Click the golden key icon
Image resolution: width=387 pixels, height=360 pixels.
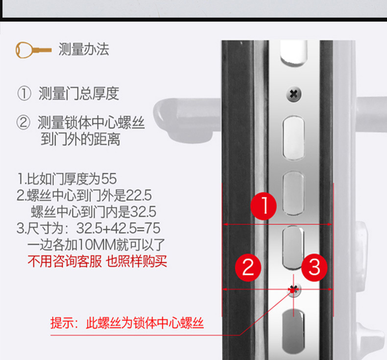(34, 50)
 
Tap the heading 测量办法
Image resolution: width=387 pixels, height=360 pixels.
(84, 49)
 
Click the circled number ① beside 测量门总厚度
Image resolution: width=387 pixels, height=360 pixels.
(24, 94)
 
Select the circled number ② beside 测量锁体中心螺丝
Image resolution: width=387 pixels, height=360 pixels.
(24, 122)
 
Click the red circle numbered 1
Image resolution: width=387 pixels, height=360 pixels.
(264, 206)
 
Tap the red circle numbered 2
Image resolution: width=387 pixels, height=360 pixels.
(248, 267)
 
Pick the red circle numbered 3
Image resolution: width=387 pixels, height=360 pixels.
(314, 267)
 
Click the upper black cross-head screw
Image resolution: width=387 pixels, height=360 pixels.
(294, 94)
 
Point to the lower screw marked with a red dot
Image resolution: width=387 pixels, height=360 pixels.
(293, 289)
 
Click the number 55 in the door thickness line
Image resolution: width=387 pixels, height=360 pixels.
(109, 179)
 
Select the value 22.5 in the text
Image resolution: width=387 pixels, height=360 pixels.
(139, 195)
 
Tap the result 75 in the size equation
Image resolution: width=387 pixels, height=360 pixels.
(153, 228)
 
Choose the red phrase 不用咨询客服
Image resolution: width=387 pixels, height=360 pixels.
(65, 261)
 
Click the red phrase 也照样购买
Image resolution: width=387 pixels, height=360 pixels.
(137, 261)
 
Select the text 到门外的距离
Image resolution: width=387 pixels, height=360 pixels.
(80, 139)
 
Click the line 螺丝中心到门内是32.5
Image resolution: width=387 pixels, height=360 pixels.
(94, 212)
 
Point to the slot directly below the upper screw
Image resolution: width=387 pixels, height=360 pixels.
(293, 138)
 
